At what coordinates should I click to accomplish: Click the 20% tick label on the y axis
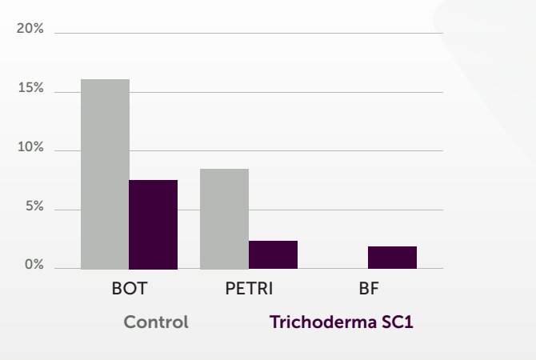click(30, 28)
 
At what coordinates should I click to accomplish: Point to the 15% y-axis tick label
click(30, 88)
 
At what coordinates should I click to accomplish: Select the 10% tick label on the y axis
click(30, 147)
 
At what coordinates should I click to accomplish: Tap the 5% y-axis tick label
click(34, 206)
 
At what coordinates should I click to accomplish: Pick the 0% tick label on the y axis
click(34, 265)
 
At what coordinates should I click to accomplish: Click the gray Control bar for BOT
click(105, 174)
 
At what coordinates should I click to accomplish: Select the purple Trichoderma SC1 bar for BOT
click(153, 225)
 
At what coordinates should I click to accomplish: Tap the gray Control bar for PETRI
click(224, 219)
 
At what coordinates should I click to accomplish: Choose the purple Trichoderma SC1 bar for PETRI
click(273, 254)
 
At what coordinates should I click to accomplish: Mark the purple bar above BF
click(393, 258)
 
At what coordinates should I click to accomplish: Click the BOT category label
click(130, 288)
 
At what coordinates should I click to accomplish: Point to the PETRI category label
click(249, 288)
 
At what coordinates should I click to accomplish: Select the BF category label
click(369, 288)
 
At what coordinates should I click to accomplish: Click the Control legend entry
click(156, 322)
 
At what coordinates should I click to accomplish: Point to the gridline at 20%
click(249, 33)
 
